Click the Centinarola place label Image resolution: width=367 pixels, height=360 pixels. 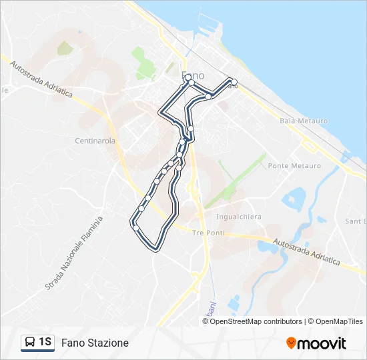(95, 141)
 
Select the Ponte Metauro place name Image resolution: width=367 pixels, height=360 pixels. (294, 166)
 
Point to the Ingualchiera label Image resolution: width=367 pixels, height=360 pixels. (239, 217)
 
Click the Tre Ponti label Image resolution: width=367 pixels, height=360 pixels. (209, 233)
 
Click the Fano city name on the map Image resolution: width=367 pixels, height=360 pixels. (193, 75)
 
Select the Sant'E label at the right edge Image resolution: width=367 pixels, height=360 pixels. (355, 221)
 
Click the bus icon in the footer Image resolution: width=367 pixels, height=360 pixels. (30, 343)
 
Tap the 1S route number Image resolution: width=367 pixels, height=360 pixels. (45, 343)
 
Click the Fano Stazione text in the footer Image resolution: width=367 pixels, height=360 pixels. (95, 343)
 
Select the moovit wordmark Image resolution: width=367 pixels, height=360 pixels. (322, 343)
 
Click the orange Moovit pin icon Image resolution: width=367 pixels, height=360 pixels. (291, 343)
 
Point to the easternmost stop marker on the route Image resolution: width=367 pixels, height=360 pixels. (234, 82)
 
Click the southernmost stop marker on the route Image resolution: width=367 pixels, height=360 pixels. (136, 228)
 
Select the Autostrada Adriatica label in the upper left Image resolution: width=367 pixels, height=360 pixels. (41, 77)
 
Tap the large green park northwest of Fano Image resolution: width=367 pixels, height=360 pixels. (143, 64)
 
